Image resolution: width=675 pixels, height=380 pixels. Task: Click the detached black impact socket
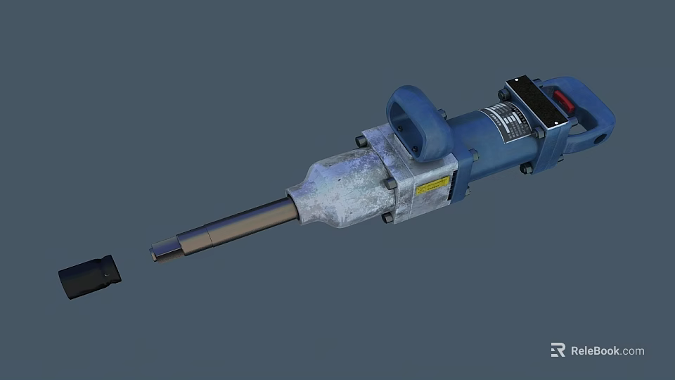click(89, 277)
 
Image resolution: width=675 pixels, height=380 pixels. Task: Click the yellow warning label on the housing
click(432, 186)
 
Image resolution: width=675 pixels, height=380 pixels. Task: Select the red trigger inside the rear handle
click(564, 101)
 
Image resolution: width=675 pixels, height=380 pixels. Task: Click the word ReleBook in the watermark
click(595, 350)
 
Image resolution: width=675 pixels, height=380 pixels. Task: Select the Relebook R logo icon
click(558, 350)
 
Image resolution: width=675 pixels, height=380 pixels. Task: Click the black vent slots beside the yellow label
click(454, 185)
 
